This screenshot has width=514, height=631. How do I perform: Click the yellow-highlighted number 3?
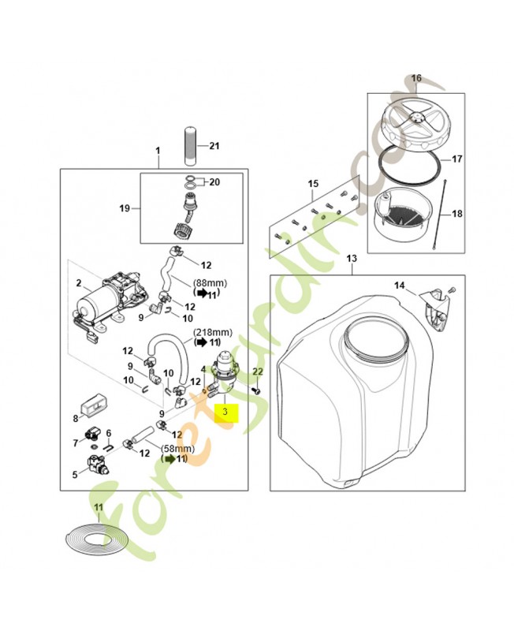tap(226, 411)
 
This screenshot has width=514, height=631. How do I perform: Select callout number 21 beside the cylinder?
tap(215, 145)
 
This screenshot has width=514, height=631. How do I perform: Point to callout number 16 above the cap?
tap(416, 79)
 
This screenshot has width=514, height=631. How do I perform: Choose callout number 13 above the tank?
tap(352, 259)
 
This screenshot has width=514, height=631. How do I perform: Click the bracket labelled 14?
tap(431, 308)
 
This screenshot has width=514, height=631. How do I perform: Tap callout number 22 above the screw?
tap(257, 371)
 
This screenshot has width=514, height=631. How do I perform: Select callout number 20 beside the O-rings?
tap(214, 181)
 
